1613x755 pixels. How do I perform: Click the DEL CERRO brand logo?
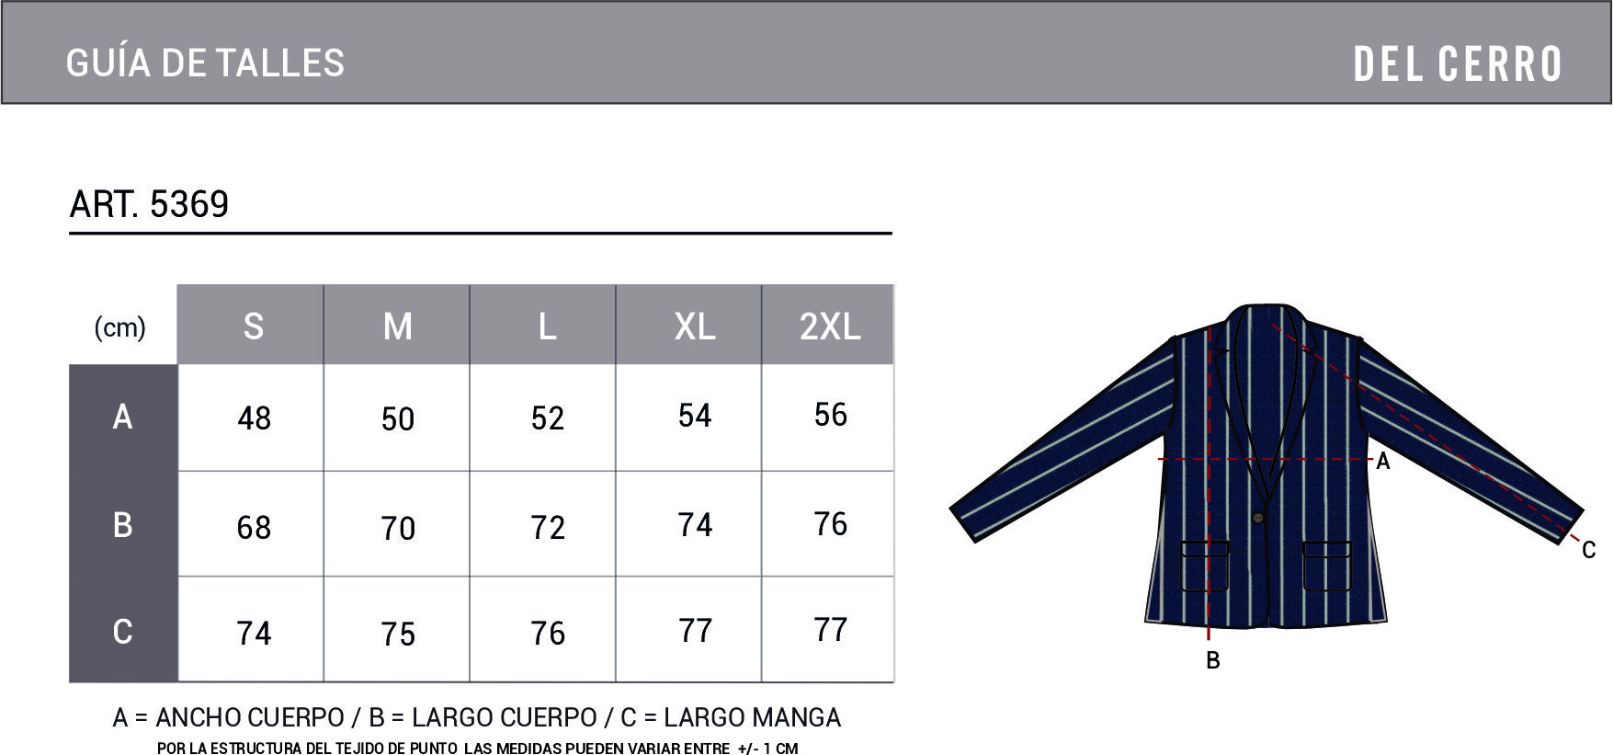click(1457, 64)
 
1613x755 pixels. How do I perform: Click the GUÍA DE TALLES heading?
click(205, 63)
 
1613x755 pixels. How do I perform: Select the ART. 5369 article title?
click(149, 204)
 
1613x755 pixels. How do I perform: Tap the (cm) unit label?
click(120, 327)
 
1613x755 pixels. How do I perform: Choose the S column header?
click(253, 326)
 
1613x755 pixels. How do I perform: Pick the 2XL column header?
click(829, 326)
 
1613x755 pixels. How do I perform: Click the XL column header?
click(694, 326)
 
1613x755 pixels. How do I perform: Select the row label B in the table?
click(122, 524)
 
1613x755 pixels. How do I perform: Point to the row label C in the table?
click(122, 632)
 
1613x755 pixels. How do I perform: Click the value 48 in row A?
click(254, 418)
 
